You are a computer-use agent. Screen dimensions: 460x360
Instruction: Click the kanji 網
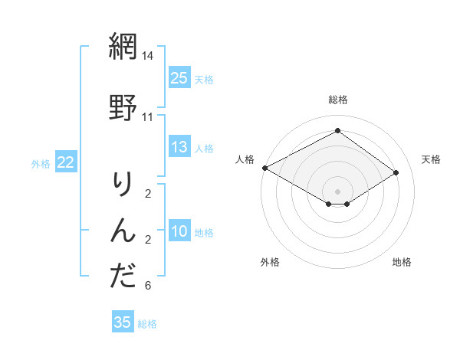pyautogui.click(x=123, y=47)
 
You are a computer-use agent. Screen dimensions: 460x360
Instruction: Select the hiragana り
pyautogui.click(x=123, y=183)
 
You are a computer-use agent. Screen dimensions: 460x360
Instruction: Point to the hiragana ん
pyautogui.click(x=123, y=230)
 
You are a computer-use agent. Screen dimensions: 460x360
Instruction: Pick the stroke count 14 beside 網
pyautogui.click(x=148, y=56)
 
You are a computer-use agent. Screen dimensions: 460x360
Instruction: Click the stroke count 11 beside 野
pyautogui.click(x=148, y=117)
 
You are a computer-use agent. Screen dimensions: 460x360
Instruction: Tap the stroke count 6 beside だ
pyautogui.click(x=148, y=286)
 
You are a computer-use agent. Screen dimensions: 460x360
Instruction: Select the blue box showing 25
pyautogui.click(x=179, y=78)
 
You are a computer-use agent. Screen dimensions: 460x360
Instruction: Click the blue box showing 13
pyautogui.click(x=179, y=147)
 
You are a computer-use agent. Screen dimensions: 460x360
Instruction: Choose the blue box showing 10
pyautogui.click(x=179, y=231)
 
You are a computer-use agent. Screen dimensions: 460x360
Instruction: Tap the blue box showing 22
pyautogui.click(x=66, y=162)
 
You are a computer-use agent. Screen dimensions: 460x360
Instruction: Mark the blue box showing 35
pyautogui.click(x=123, y=322)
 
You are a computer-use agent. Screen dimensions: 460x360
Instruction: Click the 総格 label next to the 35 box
pyautogui.click(x=147, y=324)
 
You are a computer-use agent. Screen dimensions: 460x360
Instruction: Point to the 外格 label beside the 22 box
pyautogui.click(x=41, y=163)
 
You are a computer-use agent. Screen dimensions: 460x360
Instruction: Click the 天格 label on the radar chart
pyautogui.click(x=431, y=159)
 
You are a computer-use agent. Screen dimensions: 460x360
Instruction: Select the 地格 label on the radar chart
pyautogui.click(x=402, y=262)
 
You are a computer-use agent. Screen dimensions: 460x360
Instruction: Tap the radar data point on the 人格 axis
pyautogui.click(x=264, y=168)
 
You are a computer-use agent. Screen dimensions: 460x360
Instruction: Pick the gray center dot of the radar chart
pyautogui.click(x=337, y=191)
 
